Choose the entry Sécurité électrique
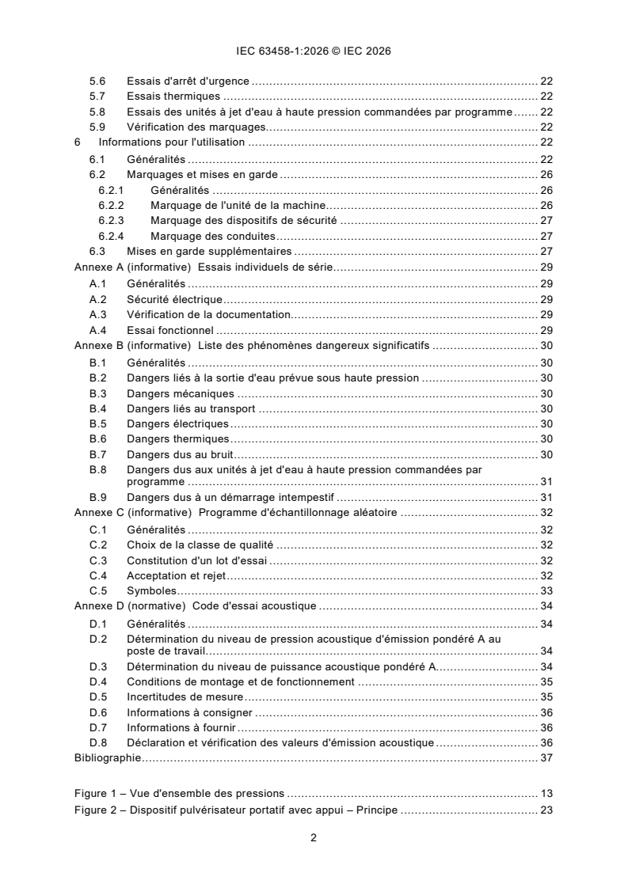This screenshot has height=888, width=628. tap(174, 300)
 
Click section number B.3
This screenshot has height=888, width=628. tap(97, 393)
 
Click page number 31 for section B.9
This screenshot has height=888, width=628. tap(546, 498)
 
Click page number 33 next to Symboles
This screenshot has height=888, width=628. tap(546, 590)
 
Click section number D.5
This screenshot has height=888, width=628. tap(97, 696)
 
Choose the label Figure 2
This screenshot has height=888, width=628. tap(97, 810)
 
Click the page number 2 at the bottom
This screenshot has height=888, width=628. tap(314, 839)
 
